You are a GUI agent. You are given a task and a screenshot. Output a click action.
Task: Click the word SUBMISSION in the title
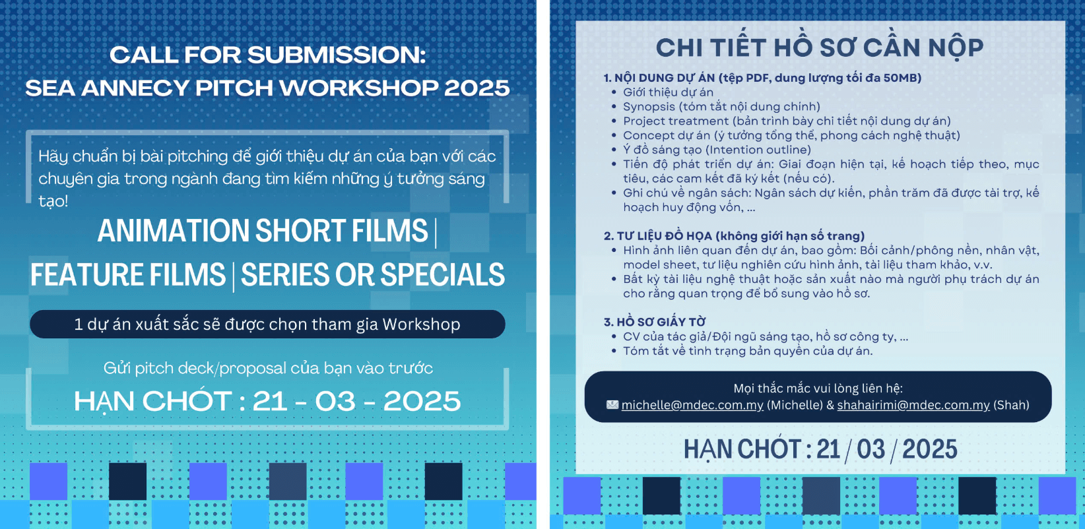coord(337,55)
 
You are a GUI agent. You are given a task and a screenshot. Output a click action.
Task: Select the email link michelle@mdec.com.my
coord(692,405)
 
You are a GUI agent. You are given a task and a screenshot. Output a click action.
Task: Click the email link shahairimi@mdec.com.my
coord(913,405)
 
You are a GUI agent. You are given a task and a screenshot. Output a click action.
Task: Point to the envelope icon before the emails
coord(612,404)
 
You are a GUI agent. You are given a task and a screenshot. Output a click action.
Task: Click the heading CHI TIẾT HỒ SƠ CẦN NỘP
coord(820,48)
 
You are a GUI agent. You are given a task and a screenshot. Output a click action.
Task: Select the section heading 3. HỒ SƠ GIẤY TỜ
coord(655,322)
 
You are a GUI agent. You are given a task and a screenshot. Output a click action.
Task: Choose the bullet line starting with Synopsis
coord(721,106)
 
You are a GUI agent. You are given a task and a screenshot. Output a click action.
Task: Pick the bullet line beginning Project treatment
coord(787,121)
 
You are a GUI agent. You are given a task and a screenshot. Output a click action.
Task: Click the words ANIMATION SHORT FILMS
coord(263,231)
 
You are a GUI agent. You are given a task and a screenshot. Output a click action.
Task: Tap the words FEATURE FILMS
coord(128,274)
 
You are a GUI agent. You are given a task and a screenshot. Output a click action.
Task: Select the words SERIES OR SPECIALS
coord(372,274)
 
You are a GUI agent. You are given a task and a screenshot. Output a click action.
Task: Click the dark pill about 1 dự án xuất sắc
coord(267,325)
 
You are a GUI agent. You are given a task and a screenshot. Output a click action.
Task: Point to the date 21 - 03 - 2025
coord(356,401)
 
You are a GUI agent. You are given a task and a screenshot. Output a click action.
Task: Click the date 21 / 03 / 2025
coord(886,450)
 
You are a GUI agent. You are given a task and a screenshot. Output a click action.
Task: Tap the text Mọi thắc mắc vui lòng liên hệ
coord(818,388)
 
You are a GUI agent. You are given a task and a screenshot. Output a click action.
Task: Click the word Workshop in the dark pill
coord(422,325)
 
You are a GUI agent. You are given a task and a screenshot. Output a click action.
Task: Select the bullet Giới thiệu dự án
coord(668,92)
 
